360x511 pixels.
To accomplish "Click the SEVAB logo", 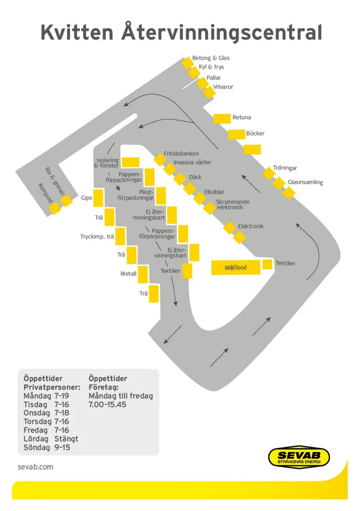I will [299, 456].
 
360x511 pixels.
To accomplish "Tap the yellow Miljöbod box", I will [236, 268].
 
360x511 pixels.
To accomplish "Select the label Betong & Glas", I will [211, 58].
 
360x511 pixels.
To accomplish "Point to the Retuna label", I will [242, 117].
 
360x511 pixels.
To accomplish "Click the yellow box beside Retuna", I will [222, 118].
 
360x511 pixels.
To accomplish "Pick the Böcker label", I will [255, 133].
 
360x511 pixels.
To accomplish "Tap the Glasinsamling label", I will [305, 182].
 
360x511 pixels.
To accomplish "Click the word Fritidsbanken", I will [181, 153].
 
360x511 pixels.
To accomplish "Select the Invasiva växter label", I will [192, 162].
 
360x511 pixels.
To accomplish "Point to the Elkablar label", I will [214, 192].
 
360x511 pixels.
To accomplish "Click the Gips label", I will [86, 198].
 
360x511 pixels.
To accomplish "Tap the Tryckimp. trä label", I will [97, 237].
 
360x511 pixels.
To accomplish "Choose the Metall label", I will [129, 273].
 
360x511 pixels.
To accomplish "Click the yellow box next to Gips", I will [98, 198].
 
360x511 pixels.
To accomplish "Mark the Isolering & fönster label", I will [107, 163].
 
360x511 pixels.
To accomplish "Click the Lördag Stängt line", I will [51, 439].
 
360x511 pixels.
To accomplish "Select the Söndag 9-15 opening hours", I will [47, 448].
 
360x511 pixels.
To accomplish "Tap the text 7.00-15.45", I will [108, 405].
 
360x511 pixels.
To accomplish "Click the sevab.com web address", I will [36, 467].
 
